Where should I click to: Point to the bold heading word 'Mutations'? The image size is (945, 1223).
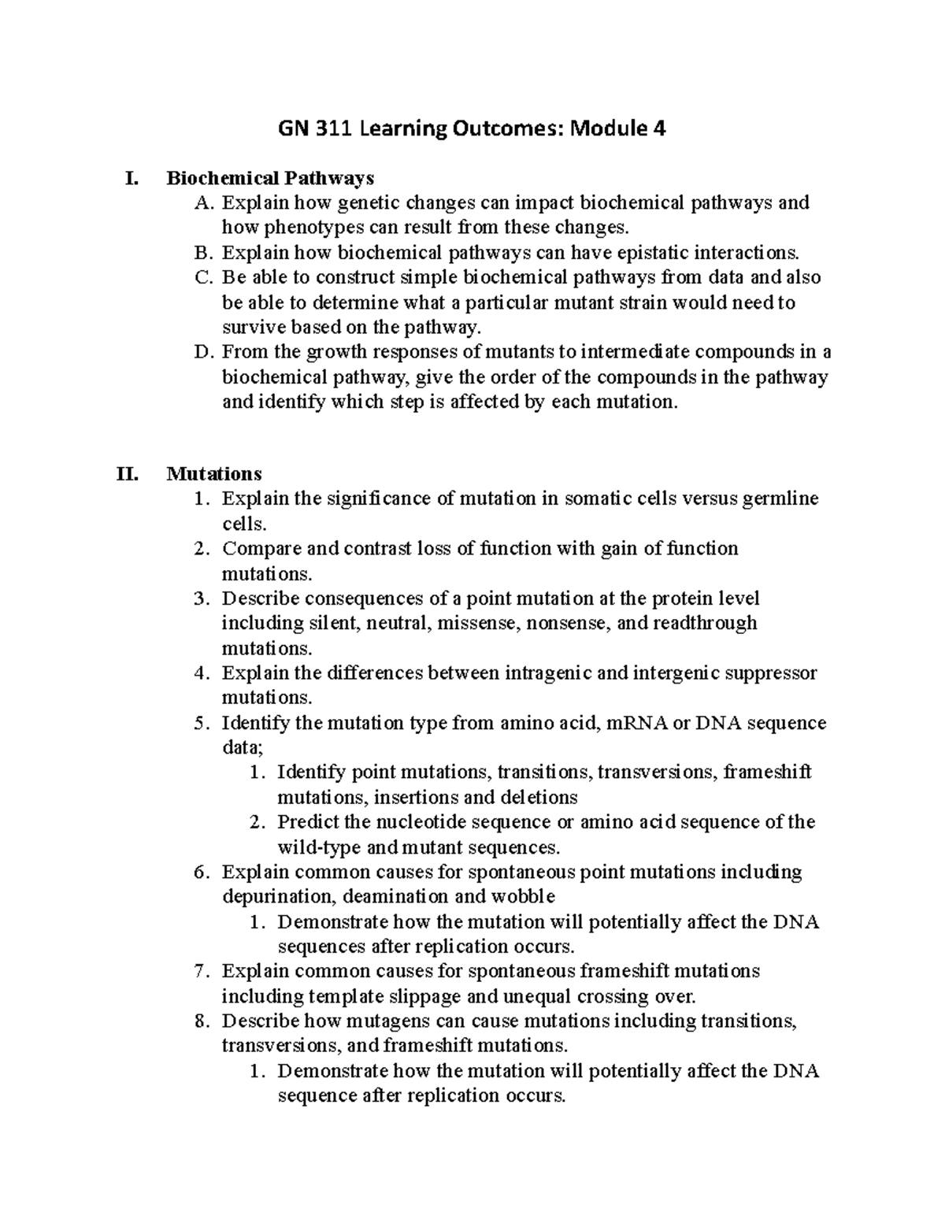214,474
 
